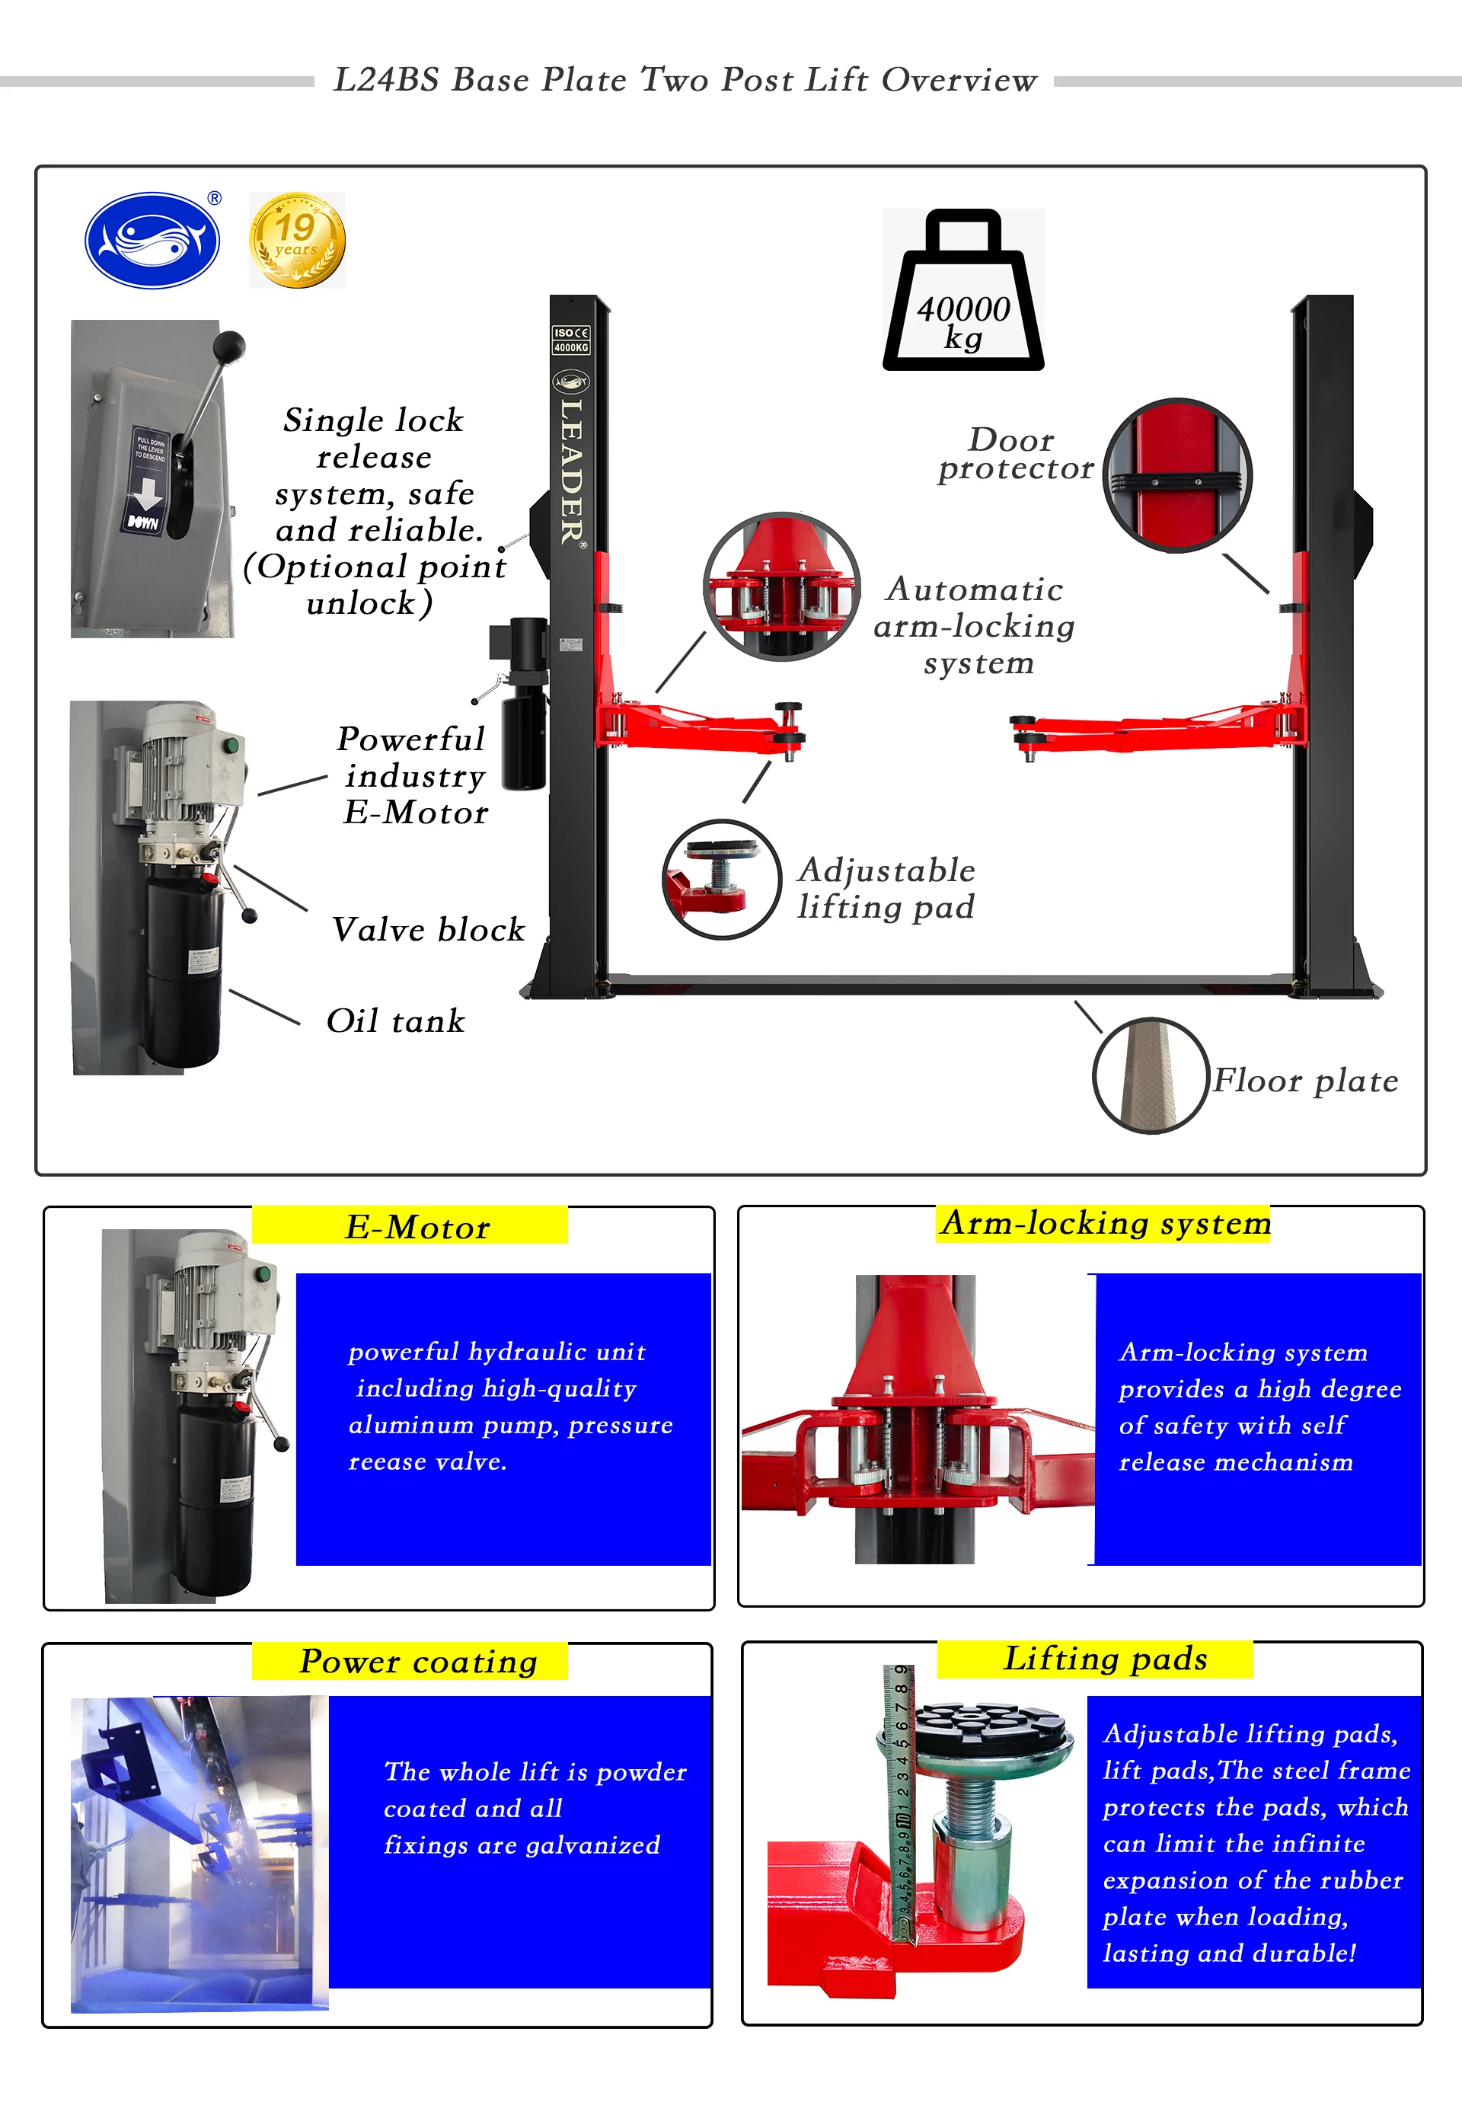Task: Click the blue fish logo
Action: coord(152,241)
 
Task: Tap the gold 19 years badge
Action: coord(297,240)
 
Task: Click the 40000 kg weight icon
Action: coord(962,293)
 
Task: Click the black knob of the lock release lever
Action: coord(230,347)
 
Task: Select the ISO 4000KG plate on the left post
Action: coord(570,340)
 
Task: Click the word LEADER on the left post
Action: coord(572,471)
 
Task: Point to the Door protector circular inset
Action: coord(1176,474)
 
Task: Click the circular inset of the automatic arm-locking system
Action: coord(781,586)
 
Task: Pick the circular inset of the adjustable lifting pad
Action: coord(721,878)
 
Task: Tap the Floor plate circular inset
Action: coord(1151,1075)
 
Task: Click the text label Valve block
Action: coord(428,929)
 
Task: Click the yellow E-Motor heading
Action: coord(417,1227)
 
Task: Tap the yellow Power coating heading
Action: coord(418,1661)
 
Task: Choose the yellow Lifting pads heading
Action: coord(1105,1658)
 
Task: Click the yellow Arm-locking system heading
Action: coord(1106,1223)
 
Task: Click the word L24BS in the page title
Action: coord(387,80)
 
